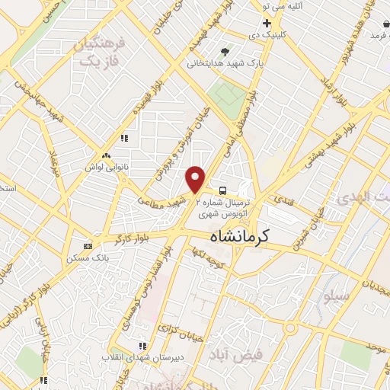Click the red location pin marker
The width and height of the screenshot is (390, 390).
click(196, 178)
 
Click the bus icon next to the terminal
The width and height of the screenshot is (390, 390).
click(222, 190)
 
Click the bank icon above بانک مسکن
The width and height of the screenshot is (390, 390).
click(88, 246)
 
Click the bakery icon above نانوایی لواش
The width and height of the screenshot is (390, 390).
click(123, 139)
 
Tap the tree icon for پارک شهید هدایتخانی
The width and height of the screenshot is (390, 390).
click(225, 52)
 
